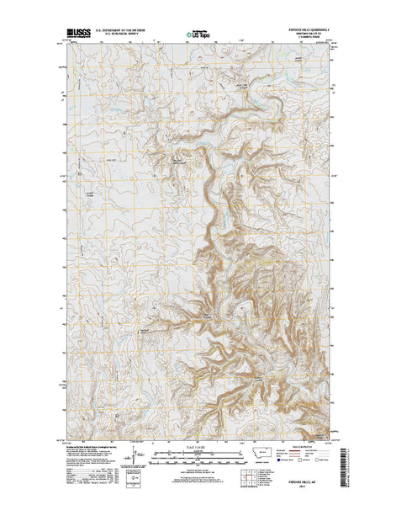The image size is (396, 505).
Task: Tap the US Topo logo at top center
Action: click(x=198, y=36)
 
